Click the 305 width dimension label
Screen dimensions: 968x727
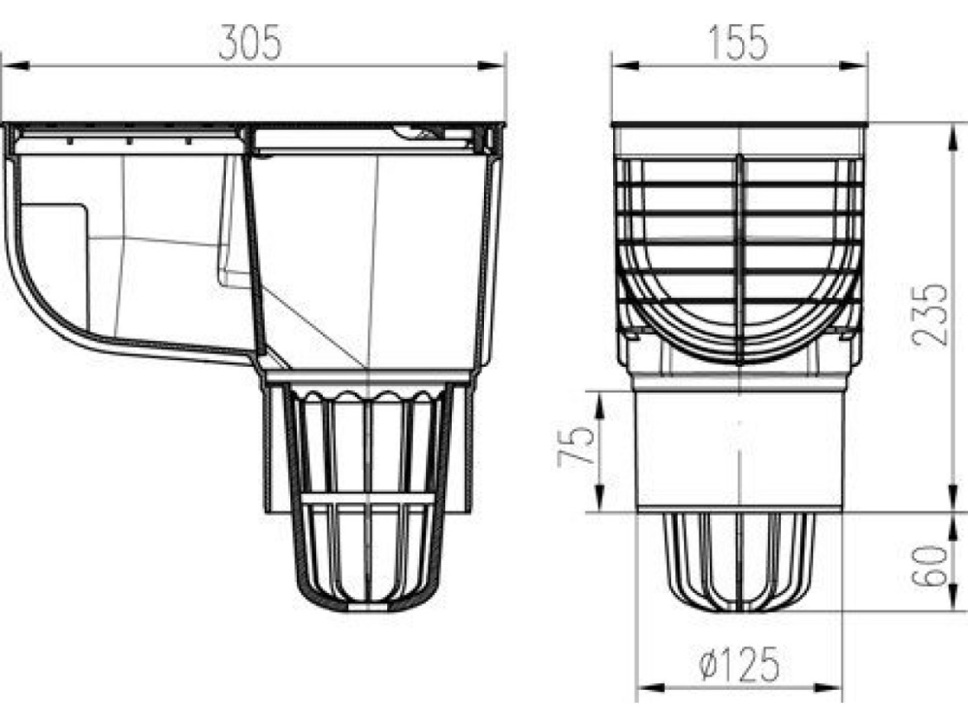[250, 42]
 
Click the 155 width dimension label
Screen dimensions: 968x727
[738, 42]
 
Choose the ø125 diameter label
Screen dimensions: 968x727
[739, 664]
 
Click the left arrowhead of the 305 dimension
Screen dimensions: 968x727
[16, 65]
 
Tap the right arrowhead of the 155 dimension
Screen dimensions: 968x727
[854, 65]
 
